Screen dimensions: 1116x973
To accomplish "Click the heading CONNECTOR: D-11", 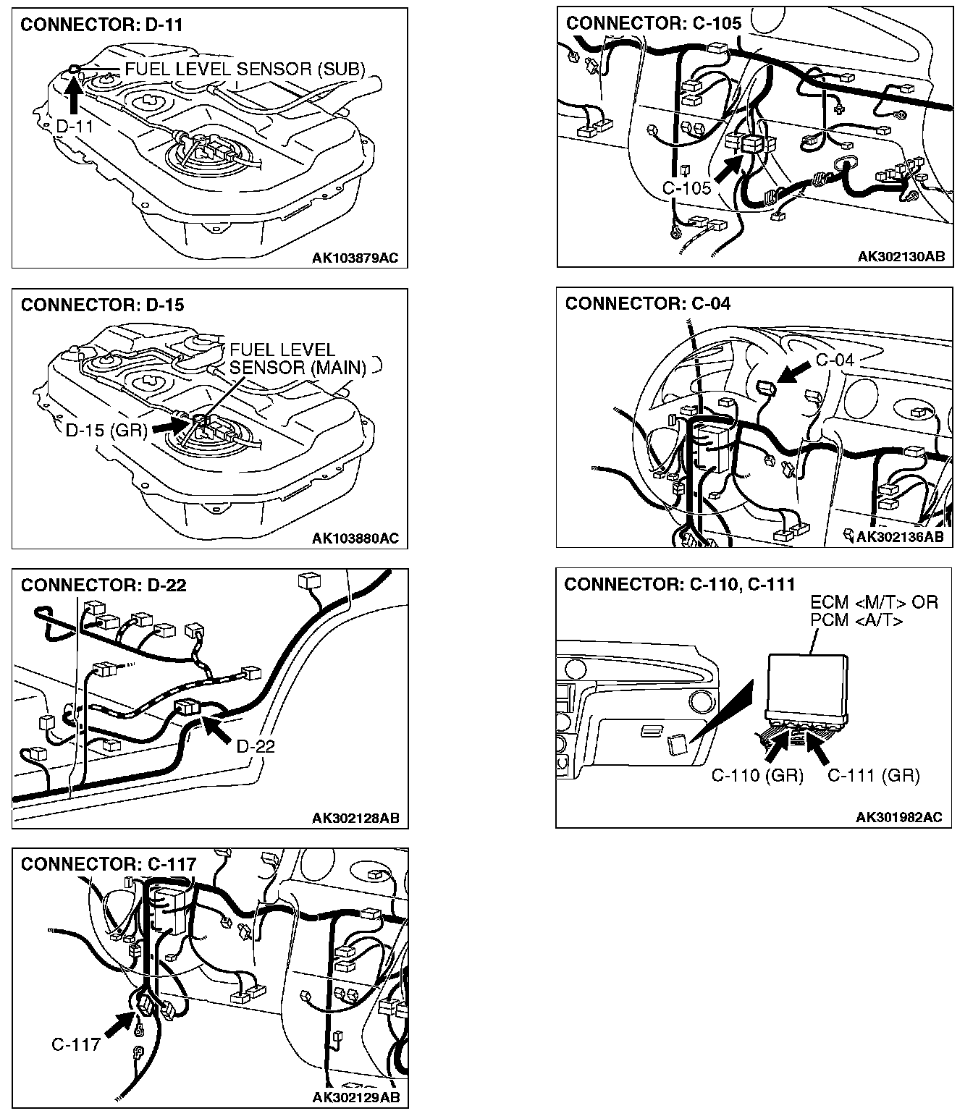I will click(x=101, y=25).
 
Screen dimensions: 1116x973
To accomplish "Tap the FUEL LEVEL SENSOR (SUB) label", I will click(x=245, y=69).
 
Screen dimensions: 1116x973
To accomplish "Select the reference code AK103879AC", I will click(x=355, y=258).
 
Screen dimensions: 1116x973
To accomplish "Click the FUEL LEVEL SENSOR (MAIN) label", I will click(x=298, y=359).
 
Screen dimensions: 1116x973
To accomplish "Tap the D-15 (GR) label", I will click(x=106, y=430).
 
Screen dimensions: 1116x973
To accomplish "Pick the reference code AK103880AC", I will click(x=355, y=538).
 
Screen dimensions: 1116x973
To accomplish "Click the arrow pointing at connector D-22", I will click(x=216, y=729).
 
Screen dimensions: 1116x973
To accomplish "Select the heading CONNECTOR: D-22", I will click(x=104, y=585).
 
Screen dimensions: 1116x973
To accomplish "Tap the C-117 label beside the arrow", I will click(x=75, y=1044).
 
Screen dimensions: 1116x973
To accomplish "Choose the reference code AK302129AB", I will click(x=355, y=1098).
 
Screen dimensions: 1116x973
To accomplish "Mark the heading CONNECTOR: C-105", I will click(x=654, y=23).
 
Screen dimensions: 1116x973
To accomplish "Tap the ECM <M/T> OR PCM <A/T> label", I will click(x=873, y=611).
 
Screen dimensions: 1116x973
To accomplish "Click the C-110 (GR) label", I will click(x=757, y=776).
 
